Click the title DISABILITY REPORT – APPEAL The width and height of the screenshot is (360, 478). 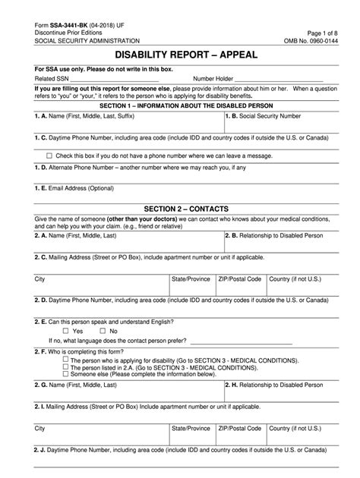[180, 55]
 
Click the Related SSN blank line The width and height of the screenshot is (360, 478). [114, 78]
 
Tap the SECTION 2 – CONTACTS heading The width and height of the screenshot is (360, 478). [180, 208]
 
